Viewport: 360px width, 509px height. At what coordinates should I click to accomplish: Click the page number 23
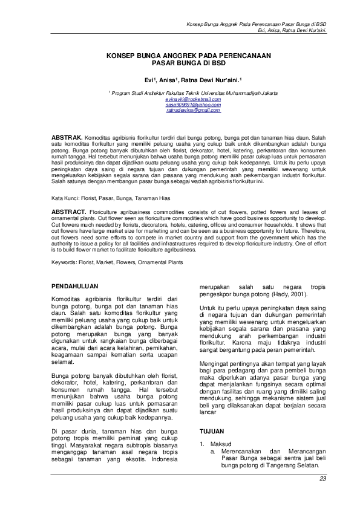click(322, 479)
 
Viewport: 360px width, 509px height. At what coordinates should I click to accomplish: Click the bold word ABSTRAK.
click(67, 130)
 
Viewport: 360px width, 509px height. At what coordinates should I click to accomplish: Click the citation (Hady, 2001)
click(286, 294)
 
